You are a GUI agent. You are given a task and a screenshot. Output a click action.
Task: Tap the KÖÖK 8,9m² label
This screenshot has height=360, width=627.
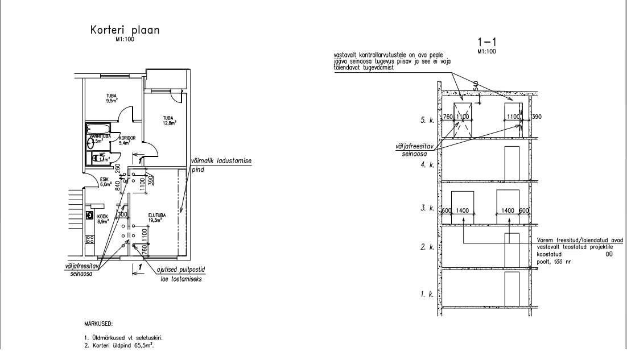103,220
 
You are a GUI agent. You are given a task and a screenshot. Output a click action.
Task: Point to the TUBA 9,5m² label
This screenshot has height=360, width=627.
112,97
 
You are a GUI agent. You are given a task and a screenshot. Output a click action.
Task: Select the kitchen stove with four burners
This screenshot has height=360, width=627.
90,216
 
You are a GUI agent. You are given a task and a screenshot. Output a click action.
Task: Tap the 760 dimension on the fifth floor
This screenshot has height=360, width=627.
447,117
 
